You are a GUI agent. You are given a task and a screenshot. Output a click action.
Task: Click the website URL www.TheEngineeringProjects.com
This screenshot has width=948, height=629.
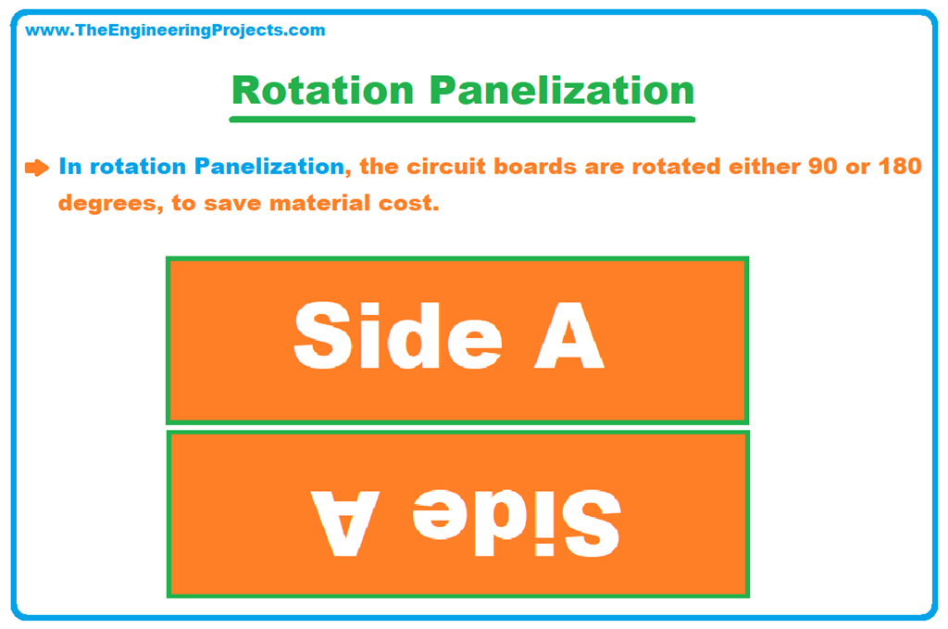[x=175, y=31]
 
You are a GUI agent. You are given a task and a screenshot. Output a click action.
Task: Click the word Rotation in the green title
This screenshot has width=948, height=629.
[x=322, y=91]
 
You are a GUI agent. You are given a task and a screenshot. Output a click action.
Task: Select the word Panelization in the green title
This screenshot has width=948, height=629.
[x=562, y=91]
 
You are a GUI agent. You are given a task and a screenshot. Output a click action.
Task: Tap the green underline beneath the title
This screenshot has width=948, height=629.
[x=462, y=119]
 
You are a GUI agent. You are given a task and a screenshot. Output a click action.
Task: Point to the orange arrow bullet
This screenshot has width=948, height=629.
[x=36, y=168]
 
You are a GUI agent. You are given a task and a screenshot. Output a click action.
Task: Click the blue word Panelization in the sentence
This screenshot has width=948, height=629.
[x=268, y=167]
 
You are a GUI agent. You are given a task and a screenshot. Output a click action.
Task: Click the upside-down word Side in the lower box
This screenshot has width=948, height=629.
[x=515, y=519]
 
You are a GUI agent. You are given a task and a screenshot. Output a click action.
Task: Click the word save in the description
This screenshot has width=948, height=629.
[x=237, y=203]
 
